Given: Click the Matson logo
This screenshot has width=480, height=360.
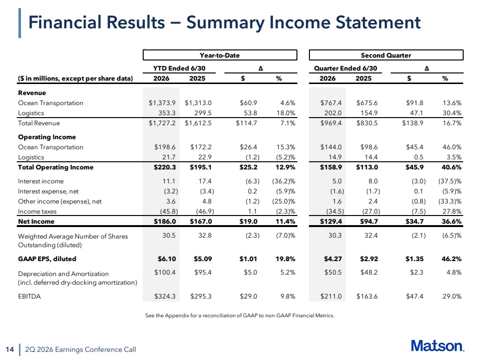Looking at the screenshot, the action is point(437,346).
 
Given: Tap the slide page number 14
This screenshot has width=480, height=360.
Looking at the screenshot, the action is point(10,349).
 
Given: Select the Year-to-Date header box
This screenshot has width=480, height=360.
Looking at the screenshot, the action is point(220,55).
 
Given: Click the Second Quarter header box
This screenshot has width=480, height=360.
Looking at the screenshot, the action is point(386,55).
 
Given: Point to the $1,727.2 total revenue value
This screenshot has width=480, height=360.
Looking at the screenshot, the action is point(162,123).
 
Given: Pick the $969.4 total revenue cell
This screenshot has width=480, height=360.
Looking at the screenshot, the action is point(331,123).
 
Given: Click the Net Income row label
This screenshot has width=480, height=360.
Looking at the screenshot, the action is point(36,221).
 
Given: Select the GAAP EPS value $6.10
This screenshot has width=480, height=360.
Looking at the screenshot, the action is point(167,259).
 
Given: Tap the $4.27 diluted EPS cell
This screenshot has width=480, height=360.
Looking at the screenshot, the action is point(333,259).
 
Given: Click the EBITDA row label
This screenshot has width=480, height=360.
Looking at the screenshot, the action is point(29,296).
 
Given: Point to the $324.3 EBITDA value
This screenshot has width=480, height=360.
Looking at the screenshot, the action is point(165,296).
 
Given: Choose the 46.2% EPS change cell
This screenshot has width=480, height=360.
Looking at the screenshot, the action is point(451,259).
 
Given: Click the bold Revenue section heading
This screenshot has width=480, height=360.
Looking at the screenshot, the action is point(32,93).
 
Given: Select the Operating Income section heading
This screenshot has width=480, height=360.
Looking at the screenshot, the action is point(47,137).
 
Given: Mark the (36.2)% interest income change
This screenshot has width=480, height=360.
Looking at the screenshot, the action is point(284,181).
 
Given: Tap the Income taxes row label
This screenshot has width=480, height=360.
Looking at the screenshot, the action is point(37,211).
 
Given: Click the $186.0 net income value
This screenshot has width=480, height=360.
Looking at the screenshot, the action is point(165,221).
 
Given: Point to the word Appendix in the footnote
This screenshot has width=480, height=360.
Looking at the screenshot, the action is point(176,315).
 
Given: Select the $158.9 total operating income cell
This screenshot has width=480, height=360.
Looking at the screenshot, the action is point(331,168).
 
